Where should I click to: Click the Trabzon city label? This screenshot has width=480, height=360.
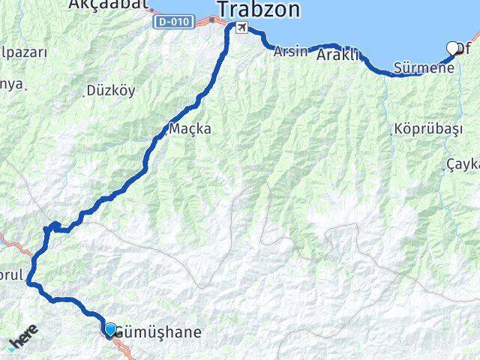[x=259, y=10]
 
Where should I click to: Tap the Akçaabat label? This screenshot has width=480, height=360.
[x=101, y=4]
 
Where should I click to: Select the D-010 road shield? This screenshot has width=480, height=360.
[x=173, y=22]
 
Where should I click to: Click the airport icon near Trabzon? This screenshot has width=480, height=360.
[x=241, y=28]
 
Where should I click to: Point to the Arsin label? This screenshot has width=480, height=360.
[x=290, y=52]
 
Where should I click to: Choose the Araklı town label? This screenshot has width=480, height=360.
[x=338, y=55]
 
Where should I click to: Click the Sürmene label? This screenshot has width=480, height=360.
[x=424, y=69]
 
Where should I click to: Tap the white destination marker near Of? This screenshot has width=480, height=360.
[x=453, y=48]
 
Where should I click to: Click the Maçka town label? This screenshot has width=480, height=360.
[x=190, y=128]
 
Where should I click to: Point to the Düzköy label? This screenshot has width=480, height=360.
[x=110, y=91]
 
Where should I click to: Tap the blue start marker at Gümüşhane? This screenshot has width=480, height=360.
[x=111, y=329]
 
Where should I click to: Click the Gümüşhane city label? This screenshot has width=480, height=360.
[x=160, y=331]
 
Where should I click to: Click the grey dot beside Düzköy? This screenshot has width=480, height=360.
[x=84, y=94]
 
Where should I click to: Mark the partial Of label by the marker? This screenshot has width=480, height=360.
[x=467, y=49]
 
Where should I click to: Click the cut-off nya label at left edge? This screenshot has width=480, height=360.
[x=10, y=83]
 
